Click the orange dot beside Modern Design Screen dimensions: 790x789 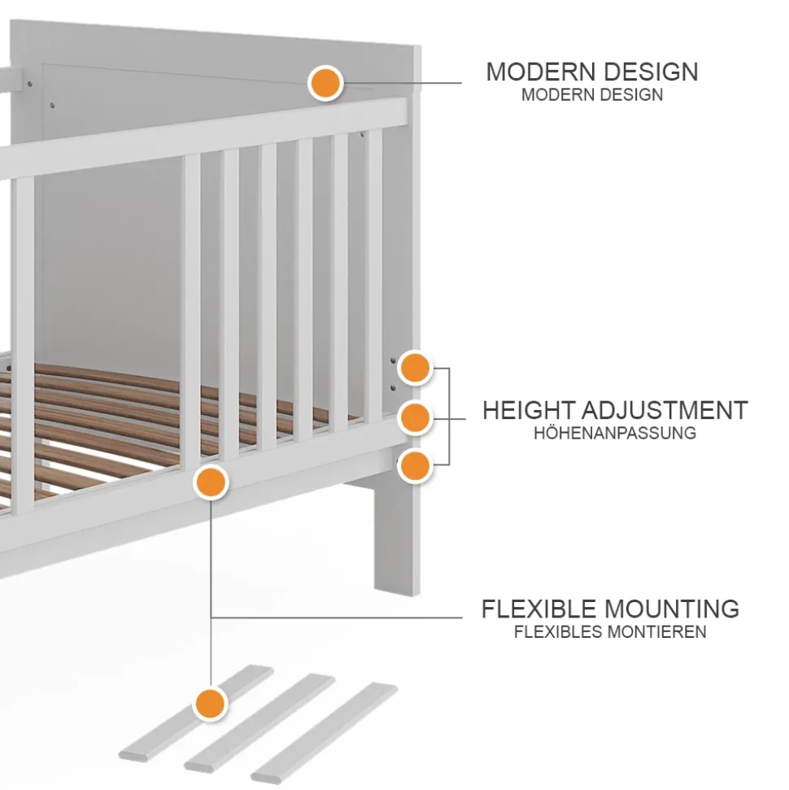325,84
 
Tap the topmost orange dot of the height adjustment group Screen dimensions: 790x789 415,368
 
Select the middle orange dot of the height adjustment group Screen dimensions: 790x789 415,417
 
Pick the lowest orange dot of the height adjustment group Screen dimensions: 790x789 415,466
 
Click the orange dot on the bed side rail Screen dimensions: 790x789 211,482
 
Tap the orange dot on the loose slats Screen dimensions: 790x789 211,701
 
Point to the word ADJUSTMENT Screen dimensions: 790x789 669,410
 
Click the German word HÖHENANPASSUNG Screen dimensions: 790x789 614,433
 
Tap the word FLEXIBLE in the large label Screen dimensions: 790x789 539,609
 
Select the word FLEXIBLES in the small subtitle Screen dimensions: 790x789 559,632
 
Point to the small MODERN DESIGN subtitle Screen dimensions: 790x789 591,94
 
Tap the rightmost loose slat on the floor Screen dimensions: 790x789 325,732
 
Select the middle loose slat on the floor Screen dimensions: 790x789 260,722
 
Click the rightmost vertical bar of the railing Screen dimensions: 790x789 373,277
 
